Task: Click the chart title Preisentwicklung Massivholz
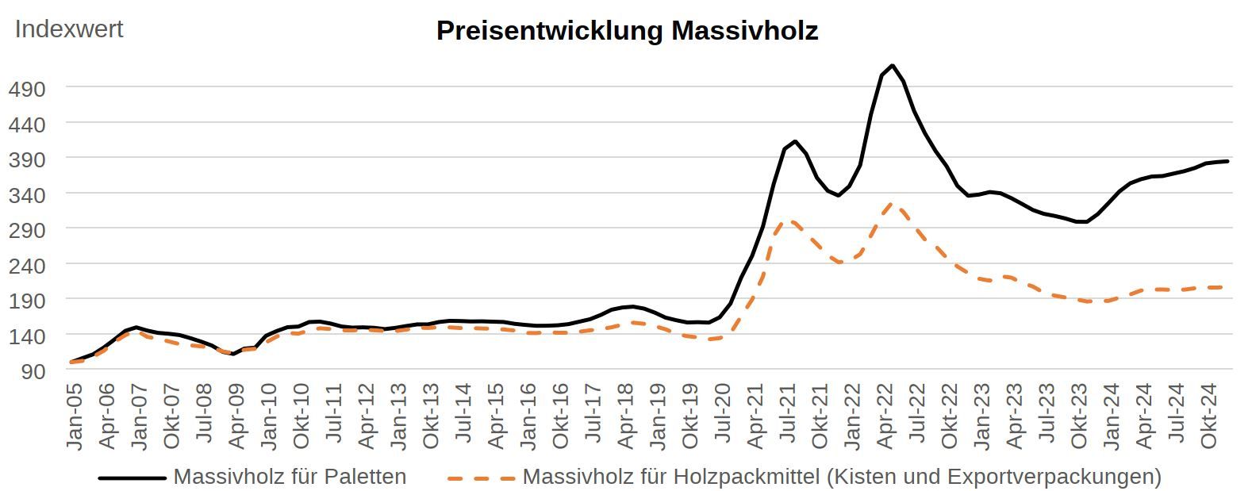[x=627, y=31]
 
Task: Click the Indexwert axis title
[x=69, y=29]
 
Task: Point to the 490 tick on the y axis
[x=27, y=88]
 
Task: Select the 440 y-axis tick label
[x=27, y=124]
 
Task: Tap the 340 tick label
[x=27, y=194]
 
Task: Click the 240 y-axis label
[x=27, y=265]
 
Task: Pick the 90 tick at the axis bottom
[x=33, y=370]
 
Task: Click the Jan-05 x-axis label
[x=75, y=416]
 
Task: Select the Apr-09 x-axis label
[x=236, y=416]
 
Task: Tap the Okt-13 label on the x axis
[x=431, y=416]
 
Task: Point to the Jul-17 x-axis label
[x=593, y=416]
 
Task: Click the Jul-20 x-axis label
[x=723, y=416]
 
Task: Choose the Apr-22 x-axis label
[x=885, y=416]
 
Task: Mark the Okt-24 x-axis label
[x=1209, y=416]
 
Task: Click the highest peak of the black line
[x=893, y=66]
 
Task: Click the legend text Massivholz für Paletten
[x=290, y=477]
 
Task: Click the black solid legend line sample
[x=132, y=478]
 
